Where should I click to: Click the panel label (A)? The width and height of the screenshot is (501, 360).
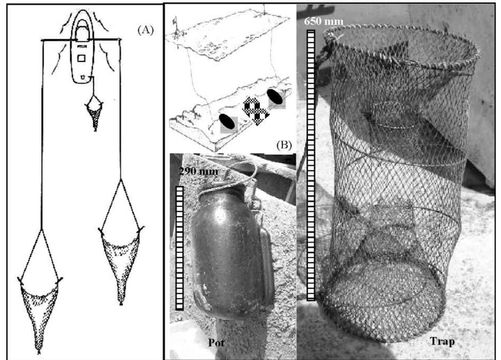(145, 30)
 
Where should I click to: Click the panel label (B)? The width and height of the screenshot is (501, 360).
(284, 145)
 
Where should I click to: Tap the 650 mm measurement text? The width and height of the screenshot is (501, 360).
(323, 21)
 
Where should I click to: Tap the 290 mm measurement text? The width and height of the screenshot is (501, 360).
(198, 171)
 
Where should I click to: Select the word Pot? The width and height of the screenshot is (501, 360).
(216, 342)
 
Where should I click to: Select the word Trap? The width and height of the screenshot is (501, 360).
(442, 341)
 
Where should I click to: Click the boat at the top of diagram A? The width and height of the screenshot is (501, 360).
(82, 52)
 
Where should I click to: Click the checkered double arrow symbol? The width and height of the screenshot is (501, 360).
(256, 111)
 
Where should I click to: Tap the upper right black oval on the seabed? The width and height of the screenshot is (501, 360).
(275, 97)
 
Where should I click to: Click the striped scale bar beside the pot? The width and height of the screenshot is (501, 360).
(179, 248)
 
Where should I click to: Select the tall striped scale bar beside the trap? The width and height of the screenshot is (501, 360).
(311, 165)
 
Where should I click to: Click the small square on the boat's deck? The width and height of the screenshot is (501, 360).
(82, 58)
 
